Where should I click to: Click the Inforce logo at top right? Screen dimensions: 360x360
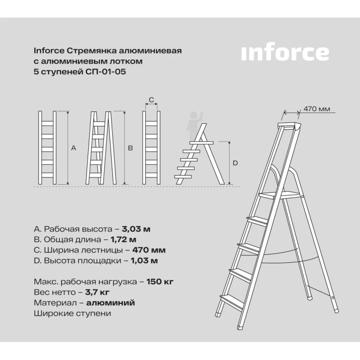[285, 53]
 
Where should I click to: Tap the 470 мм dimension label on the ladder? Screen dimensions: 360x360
[316, 110]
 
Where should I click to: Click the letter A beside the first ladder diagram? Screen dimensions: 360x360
[73, 149]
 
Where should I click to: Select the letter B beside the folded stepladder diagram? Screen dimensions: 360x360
[130, 149]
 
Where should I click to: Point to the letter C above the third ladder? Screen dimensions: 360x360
[151, 99]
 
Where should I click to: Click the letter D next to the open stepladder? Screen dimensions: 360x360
[235, 163]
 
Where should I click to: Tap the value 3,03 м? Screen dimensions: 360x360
[136, 229]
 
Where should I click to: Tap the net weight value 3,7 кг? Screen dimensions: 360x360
[98, 292]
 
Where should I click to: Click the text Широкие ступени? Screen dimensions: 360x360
[72, 313]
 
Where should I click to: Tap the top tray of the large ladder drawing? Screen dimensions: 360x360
[289, 127]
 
